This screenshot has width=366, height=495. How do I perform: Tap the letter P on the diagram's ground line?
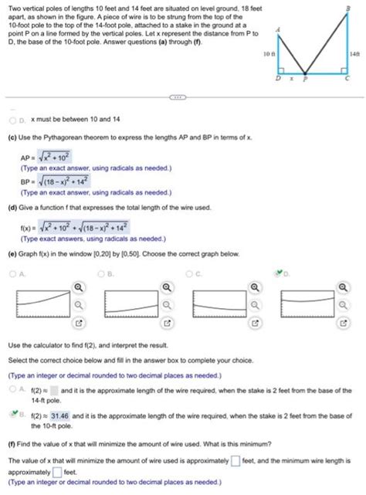(305, 78)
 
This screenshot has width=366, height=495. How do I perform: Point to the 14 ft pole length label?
(356, 55)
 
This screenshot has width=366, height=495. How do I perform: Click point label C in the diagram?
(347, 78)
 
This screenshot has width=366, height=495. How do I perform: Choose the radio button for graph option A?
(12, 272)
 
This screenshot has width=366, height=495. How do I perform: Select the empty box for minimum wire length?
(55, 471)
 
